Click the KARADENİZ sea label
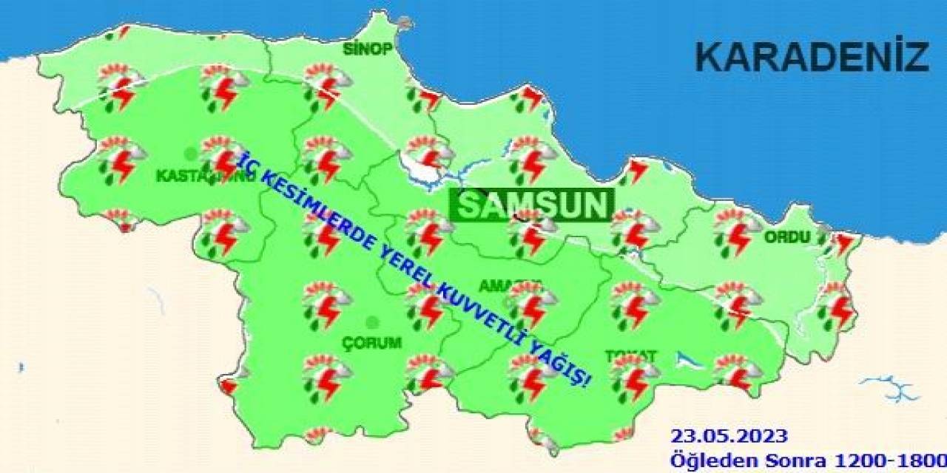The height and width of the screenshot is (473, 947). tap(812, 58)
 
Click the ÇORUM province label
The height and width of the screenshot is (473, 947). tap(371, 343)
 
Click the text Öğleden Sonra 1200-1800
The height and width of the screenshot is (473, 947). tap(807, 460)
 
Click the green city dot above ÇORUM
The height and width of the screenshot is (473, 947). tap(372, 322)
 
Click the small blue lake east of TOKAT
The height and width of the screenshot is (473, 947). tap(686, 360)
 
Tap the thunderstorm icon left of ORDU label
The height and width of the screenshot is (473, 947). tap(736, 230)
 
